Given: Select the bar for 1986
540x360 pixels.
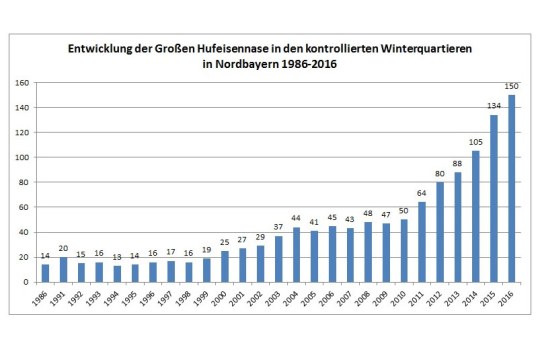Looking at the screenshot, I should tap(46, 273).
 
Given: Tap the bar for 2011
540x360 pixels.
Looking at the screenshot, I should tap(422, 242).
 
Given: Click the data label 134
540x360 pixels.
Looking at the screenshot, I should tap(493, 107).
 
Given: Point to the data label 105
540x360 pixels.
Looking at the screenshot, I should tap(475, 142).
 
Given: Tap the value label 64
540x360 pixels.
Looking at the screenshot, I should tap(422, 193).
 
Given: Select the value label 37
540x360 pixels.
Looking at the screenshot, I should tap(278, 226).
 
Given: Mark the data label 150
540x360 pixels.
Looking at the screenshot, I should tap(511, 87).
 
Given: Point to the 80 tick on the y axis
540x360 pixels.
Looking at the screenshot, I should tap(22, 181).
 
